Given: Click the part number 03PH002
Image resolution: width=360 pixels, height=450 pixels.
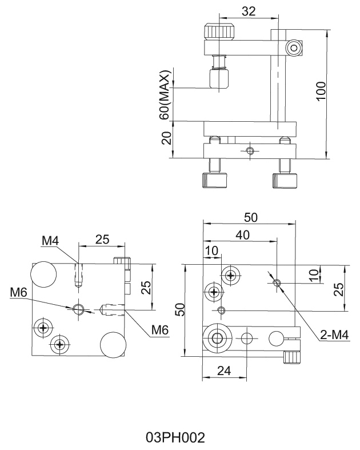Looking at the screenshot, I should [x=175, y=438].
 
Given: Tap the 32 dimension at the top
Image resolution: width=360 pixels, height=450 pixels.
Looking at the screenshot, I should [x=248, y=11].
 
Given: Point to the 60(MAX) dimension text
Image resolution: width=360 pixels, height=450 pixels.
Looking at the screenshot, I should [x=165, y=94].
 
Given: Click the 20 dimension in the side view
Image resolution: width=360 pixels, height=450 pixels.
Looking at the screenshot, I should [x=166, y=138].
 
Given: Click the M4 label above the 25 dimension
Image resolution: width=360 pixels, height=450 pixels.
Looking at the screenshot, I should [x=50, y=241].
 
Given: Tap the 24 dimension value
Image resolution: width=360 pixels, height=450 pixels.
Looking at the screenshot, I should [x=223, y=371].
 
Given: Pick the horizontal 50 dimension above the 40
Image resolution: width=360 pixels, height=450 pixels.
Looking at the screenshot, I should [x=251, y=217].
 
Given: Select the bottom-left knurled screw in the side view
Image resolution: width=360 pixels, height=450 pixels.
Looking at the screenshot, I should [x=214, y=180].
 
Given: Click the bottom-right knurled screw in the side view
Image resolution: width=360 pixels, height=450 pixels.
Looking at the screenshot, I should [x=285, y=180].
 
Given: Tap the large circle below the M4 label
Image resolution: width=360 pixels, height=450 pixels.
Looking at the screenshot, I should [x=44, y=274].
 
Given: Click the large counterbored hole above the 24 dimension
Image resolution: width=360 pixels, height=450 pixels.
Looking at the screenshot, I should [x=217, y=337].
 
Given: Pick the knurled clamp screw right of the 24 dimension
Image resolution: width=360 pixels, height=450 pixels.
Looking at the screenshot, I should [x=291, y=358].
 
